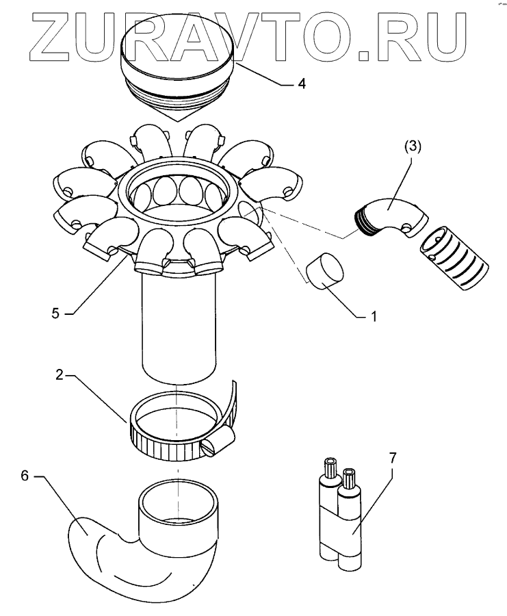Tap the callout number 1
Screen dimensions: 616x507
(374, 318)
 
